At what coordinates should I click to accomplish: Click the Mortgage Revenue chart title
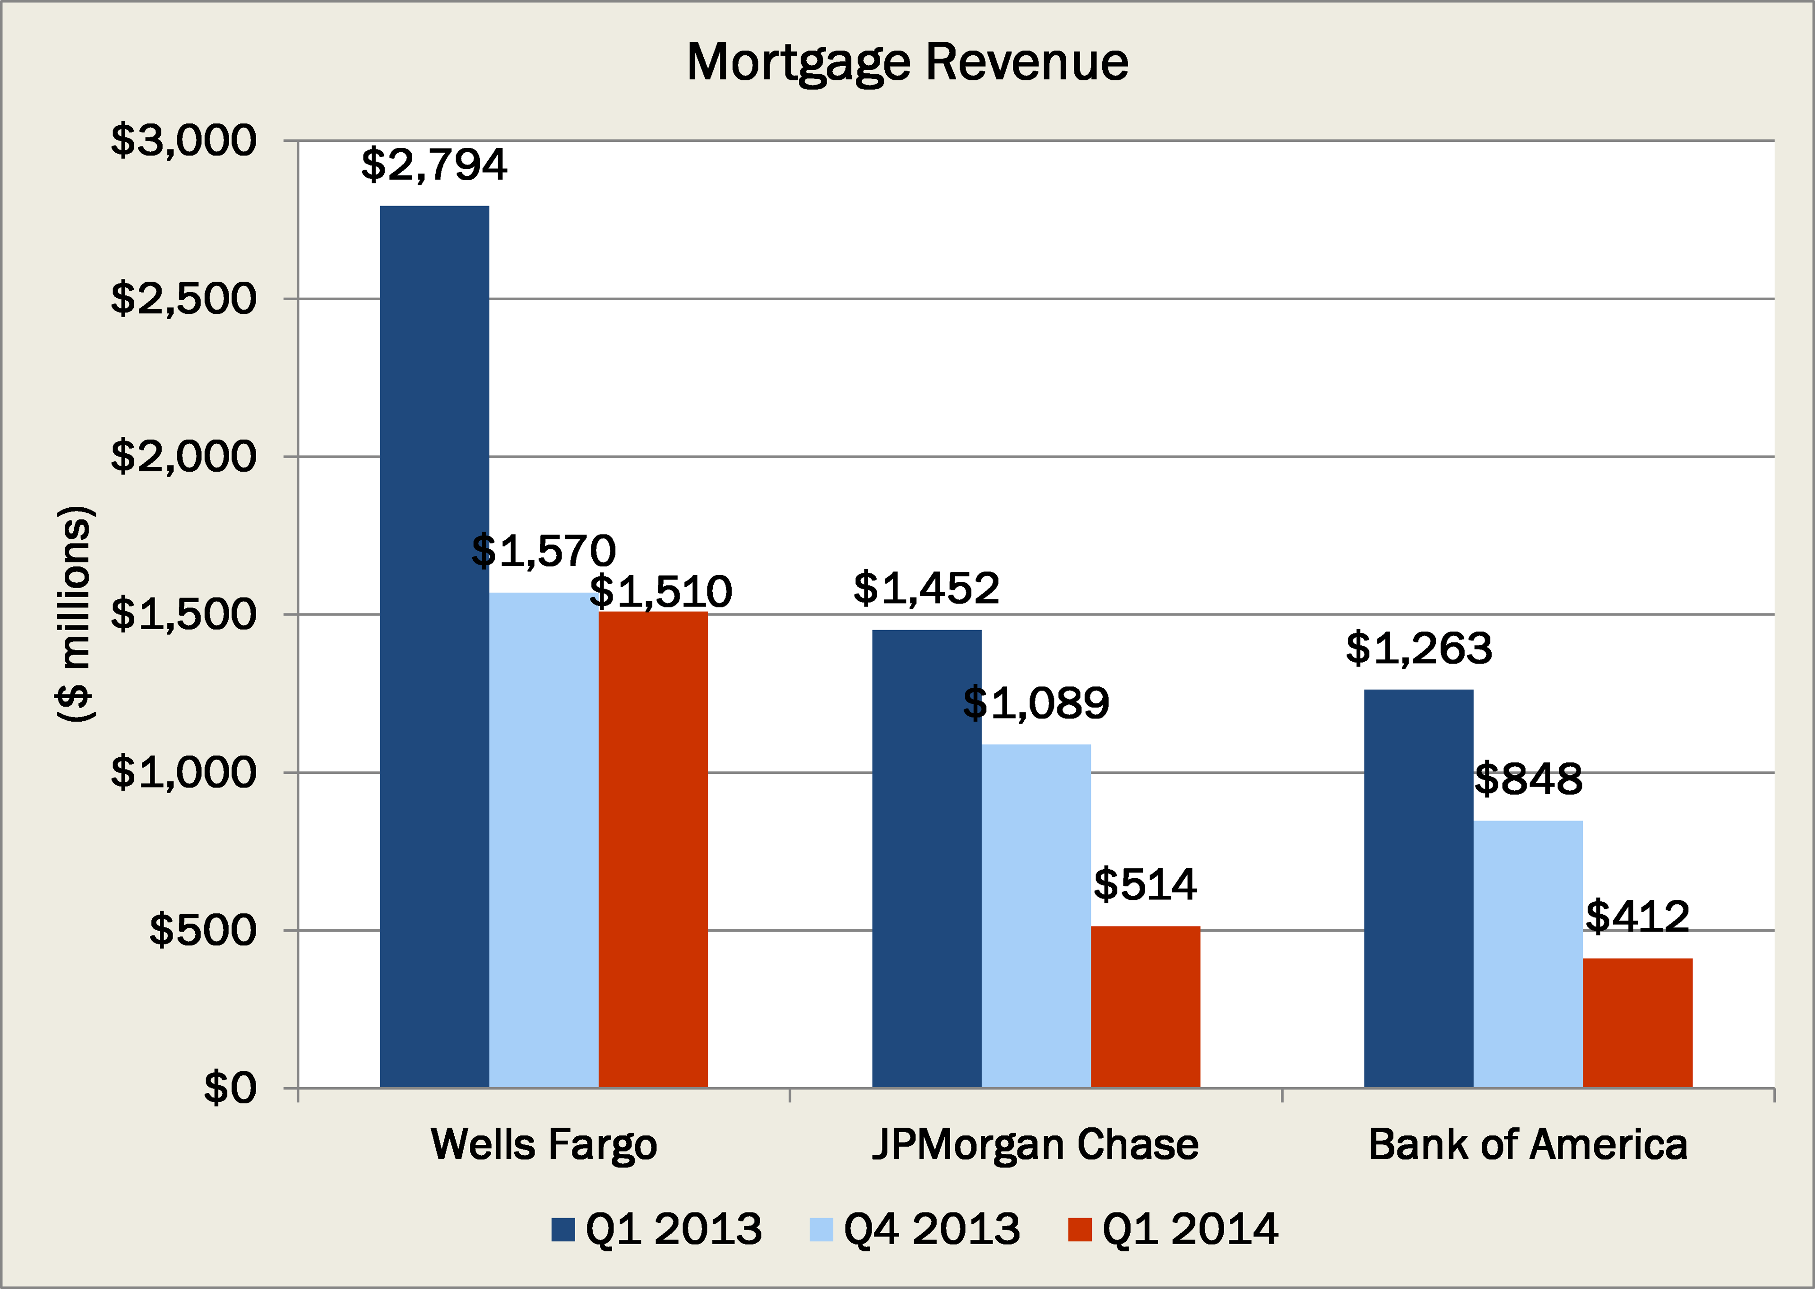pos(907,62)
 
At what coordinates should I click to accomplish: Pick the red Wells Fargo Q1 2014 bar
pos(652,849)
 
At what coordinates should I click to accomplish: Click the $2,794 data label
pos(434,164)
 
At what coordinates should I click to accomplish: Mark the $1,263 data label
pos(1419,649)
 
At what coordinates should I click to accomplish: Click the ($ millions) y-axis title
pos(76,613)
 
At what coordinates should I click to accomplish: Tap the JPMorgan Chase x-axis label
pos(1036,1144)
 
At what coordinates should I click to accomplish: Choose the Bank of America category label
pos(1528,1144)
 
